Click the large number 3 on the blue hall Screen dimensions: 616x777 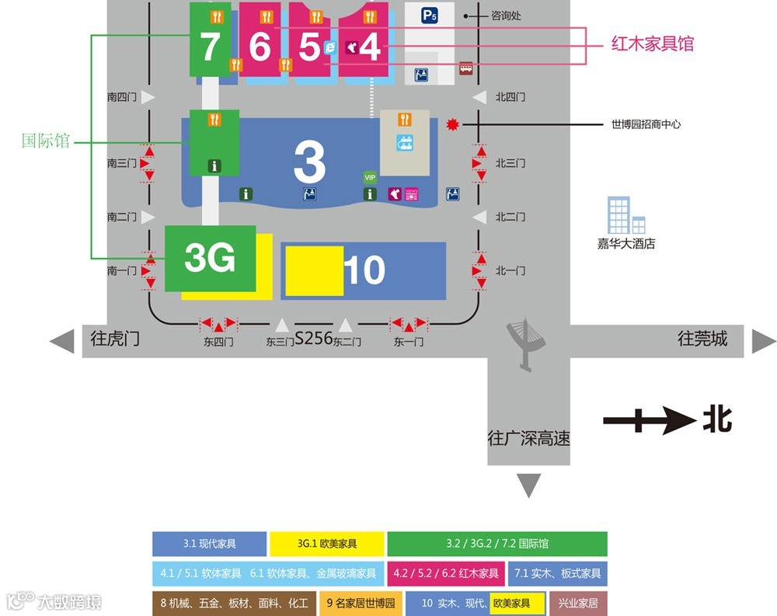(309, 162)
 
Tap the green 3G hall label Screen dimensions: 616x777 (210, 258)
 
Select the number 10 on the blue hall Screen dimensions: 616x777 (364, 270)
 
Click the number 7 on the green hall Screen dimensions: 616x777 (210, 47)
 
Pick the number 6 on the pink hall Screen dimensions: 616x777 (260, 47)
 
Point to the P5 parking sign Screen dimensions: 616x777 (430, 15)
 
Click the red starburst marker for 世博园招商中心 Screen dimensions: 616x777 (452, 124)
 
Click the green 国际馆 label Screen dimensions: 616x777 (45, 141)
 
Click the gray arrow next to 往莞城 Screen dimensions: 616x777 (763, 341)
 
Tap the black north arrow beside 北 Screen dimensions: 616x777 (648, 422)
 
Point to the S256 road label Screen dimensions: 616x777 (313, 339)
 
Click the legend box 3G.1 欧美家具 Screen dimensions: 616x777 (327, 544)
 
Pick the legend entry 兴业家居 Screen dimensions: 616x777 (578, 603)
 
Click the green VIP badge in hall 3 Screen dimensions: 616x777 (370, 177)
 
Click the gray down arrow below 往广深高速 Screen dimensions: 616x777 (529, 485)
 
